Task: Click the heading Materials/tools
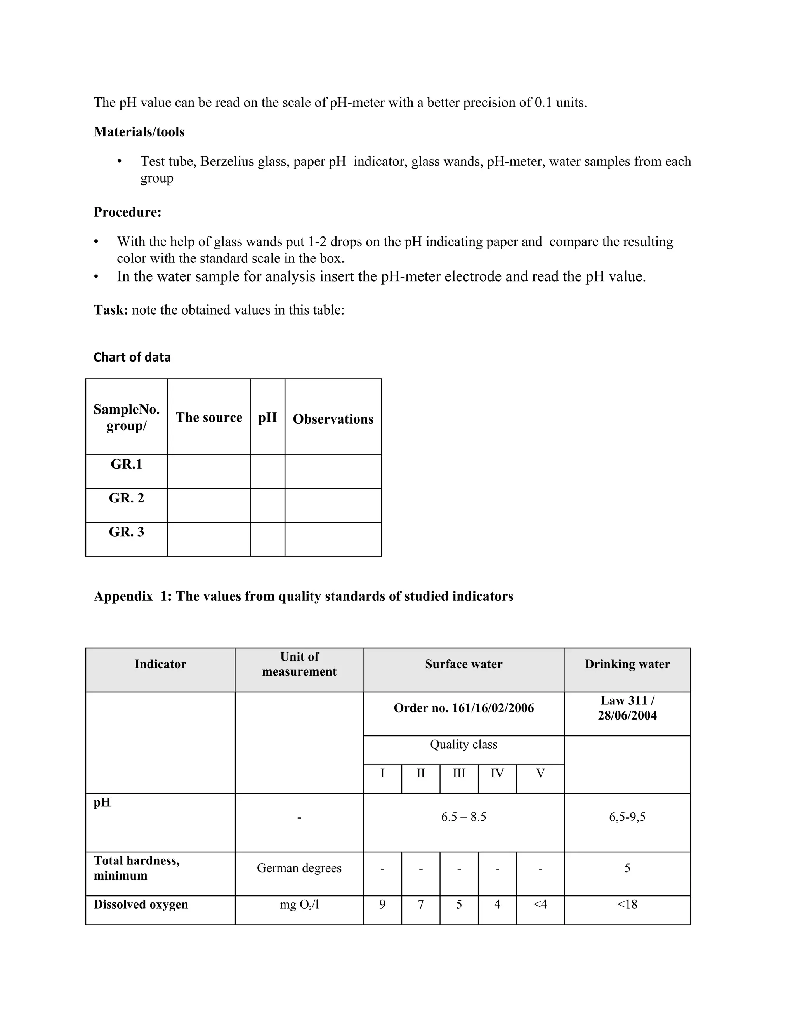click(139, 132)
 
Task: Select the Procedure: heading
click(128, 212)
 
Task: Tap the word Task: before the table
click(111, 310)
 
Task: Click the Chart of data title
click(132, 357)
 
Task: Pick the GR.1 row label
click(126, 464)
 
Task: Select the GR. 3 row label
click(126, 532)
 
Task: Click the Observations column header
click(333, 419)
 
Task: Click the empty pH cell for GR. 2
click(267, 506)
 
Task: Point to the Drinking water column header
click(627, 664)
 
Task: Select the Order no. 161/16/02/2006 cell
click(463, 708)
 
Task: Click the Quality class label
click(463, 744)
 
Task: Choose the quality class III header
click(459, 773)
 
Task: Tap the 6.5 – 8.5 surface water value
click(463, 817)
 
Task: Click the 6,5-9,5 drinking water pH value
click(627, 817)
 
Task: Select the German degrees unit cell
click(299, 868)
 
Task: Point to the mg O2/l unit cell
click(299, 905)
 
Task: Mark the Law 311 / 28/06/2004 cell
click(627, 708)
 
